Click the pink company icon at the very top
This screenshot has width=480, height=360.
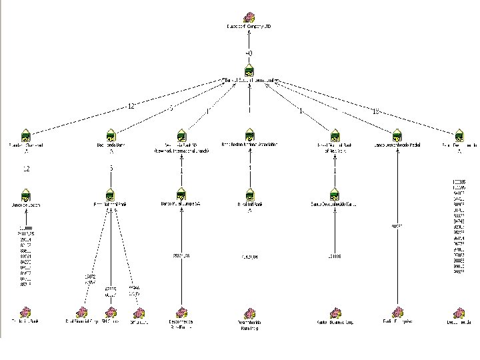pos(248,17)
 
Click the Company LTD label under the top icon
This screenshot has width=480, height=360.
pos(249,27)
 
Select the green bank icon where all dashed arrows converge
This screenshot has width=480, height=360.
pos(249,69)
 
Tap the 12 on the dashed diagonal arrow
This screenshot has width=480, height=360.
pos(131,106)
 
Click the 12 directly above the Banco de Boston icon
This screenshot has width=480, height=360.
pos(26,169)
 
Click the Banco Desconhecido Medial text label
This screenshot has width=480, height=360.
pos(398,145)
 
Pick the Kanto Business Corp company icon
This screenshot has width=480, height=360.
pos(335,312)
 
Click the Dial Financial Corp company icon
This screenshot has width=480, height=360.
pos(83,312)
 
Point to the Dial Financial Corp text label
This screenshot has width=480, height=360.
pos(79,322)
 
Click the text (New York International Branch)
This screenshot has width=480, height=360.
pos(181,151)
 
